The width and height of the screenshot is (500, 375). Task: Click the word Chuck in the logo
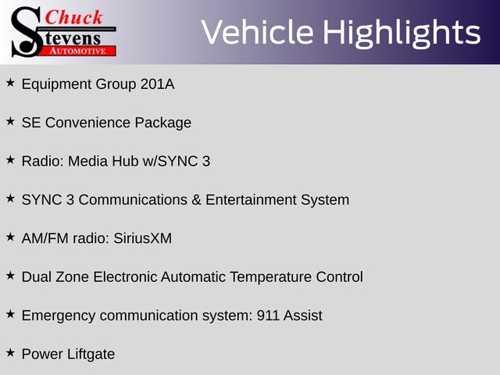point(73,17)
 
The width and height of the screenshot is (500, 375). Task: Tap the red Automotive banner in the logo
point(78,52)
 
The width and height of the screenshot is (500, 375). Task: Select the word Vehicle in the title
point(257,32)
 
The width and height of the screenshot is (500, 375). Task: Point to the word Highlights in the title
point(402,33)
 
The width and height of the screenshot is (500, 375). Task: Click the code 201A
point(158,84)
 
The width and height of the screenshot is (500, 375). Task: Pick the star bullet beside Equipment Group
point(10,83)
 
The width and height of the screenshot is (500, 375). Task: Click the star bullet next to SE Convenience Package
point(10,122)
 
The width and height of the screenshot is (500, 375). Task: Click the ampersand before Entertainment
point(196,200)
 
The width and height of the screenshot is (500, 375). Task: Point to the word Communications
point(133,200)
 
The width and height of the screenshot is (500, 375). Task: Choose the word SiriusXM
point(142,238)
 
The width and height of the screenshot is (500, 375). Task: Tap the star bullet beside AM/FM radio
point(10,237)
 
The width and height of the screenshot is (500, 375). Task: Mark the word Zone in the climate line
point(73,277)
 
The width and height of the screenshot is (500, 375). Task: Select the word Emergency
point(59,316)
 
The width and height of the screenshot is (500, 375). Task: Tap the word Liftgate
point(91,355)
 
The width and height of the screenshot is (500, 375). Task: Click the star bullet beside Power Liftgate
point(10,353)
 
